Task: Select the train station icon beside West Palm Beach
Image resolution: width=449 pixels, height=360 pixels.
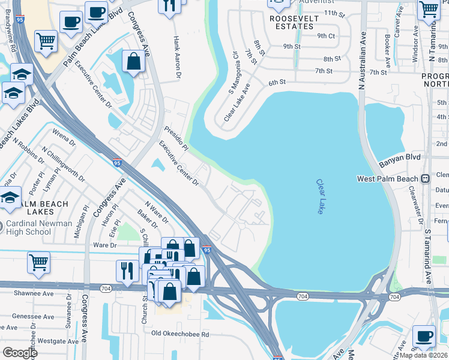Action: (x=441, y=178)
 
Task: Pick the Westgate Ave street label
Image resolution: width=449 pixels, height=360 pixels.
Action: (x=58, y=341)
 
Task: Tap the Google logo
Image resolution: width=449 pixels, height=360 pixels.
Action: (x=20, y=353)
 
